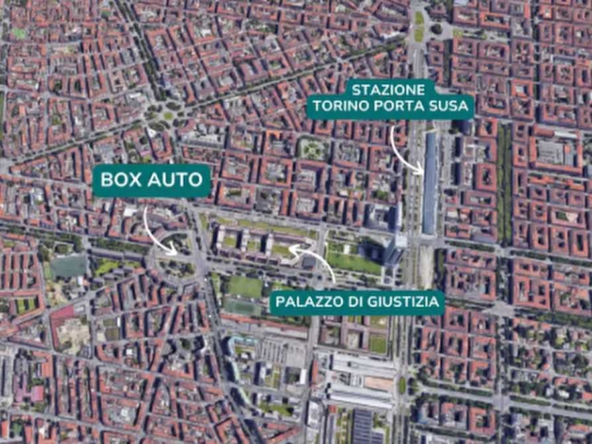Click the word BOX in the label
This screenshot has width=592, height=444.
click(120, 180)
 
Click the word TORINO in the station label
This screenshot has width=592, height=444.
click(339, 106)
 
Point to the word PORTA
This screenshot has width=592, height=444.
click(398, 106)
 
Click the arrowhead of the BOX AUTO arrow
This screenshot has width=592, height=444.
click(174, 252)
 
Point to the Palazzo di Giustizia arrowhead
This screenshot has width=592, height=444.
click(292, 249)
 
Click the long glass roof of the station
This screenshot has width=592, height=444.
click(430, 182)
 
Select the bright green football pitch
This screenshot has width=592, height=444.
click(245, 287)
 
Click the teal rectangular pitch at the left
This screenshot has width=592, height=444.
click(68, 266)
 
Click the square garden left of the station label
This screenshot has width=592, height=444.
click(312, 148)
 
